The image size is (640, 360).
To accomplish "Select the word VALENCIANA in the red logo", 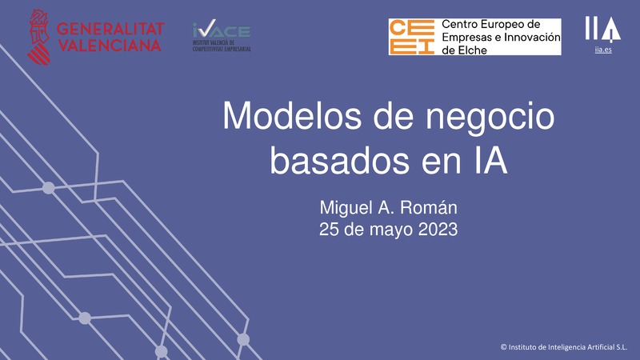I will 110,45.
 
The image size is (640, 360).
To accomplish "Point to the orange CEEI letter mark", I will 412,37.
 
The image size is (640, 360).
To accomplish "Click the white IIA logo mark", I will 602,29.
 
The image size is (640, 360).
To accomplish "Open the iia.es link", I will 602,50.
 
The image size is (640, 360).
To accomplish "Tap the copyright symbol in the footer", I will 503,347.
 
